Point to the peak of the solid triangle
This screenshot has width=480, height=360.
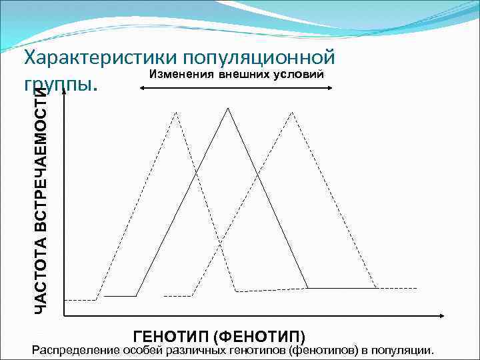point(228,107)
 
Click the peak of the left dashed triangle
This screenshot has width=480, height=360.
point(176,112)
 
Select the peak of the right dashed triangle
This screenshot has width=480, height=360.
point(291,112)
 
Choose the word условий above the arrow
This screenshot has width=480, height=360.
point(299,73)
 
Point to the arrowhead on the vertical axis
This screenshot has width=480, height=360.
point(64,93)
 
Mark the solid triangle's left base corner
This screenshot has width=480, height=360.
point(136,295)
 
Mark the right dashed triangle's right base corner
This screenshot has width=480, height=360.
point(377,288)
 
